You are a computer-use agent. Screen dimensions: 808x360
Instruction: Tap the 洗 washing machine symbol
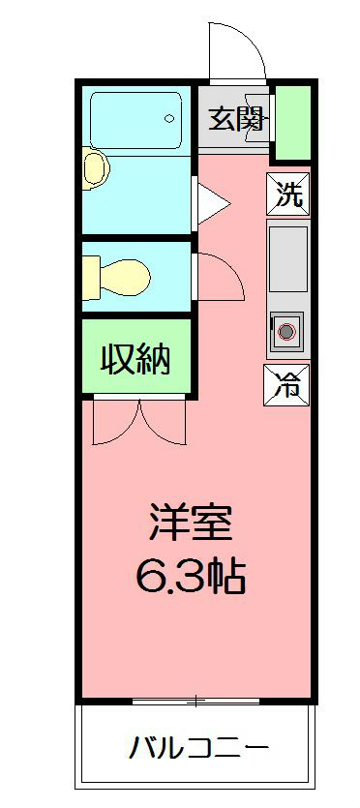click(x=288, y=195)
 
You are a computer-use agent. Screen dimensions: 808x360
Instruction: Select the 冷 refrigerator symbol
click(x=288, y=386)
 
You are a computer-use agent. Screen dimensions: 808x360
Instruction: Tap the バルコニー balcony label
click(x=198, y=747)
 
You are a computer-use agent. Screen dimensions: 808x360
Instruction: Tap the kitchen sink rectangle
click(x=287, y=259)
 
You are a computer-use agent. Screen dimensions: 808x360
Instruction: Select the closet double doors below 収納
click(x=139, y=423)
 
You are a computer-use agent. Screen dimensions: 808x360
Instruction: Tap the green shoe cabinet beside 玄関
click(x=293, y=123)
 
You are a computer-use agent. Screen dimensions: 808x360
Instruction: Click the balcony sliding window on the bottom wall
click(x=195, y=699)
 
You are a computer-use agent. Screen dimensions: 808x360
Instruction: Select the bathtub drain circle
click(x=169, y=118)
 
